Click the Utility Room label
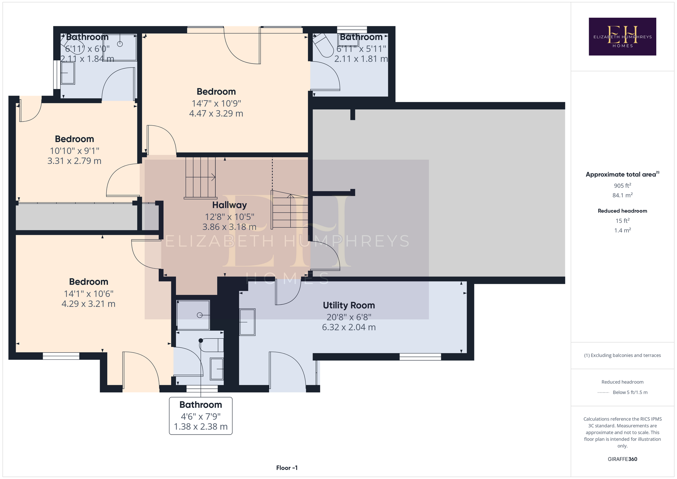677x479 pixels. click(349, 305)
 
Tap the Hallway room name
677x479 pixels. click(229, 205)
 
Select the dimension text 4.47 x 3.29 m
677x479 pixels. click(216, 114)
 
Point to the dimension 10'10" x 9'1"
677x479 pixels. click(75, 151)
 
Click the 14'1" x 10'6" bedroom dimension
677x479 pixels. click(89, 294)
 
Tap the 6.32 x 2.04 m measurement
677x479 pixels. click(349, 327)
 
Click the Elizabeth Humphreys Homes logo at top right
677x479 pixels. click(622, 36)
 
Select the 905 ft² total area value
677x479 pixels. click(622, 186)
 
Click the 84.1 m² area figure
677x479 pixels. click(622, 195)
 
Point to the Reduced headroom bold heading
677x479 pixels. click(622, 211)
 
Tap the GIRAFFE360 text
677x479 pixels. click(622, 459)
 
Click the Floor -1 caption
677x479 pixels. click(287, 468)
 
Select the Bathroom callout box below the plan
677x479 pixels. click(201, 416)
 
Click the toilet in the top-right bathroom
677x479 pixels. click(323, 45)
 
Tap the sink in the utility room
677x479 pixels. click(247, 322)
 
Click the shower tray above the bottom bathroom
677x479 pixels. click(193, 315)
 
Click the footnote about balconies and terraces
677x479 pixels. click(622, 355)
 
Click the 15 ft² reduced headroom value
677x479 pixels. click(622, 221)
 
